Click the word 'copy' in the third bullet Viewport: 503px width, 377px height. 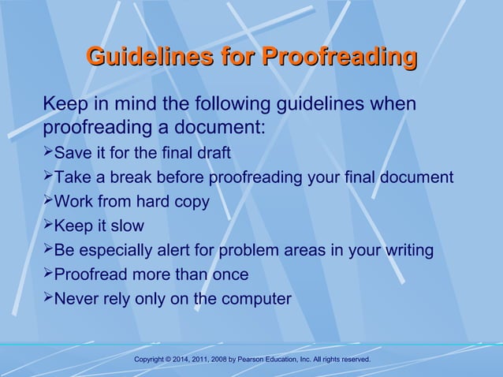(x=192, y=202)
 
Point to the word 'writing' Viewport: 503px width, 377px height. (x=406, y=251)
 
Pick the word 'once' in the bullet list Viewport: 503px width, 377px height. (x=229, y=275)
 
